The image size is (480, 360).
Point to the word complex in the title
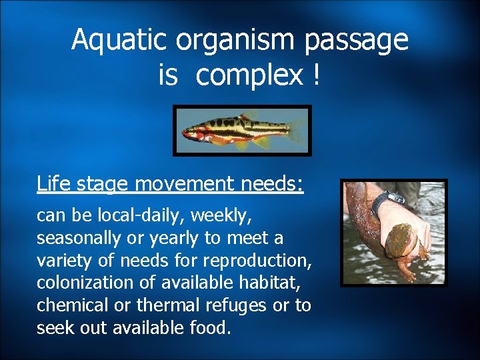point(249,77)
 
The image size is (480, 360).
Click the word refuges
point(238,305)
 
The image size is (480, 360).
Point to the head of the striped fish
point(191,131)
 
